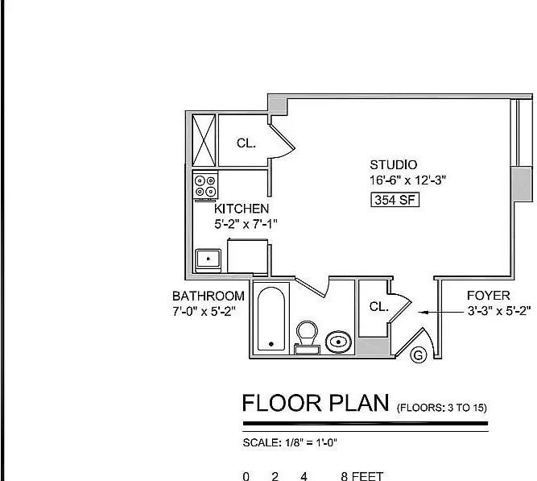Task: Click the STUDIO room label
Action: tap(393, 165)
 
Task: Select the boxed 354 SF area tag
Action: tap(394, 201)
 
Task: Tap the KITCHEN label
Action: tap(241, 209)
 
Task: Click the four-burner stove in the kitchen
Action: tap(205, 187)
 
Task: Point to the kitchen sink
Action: tap(209, 259)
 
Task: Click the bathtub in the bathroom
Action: tap(271, 318)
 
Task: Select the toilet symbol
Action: tap(306, 335)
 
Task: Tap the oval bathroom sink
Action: tap(340, 342)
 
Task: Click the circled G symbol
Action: tap(418, 355)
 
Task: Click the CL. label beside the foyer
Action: tap(379, 307)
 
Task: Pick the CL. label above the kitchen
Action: tap(246, 143)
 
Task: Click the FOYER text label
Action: tap(489, 296)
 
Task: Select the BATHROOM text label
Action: tap(209, 296)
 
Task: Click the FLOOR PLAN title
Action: tap(316, 404)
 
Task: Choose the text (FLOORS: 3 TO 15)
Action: tap(441, 408)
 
